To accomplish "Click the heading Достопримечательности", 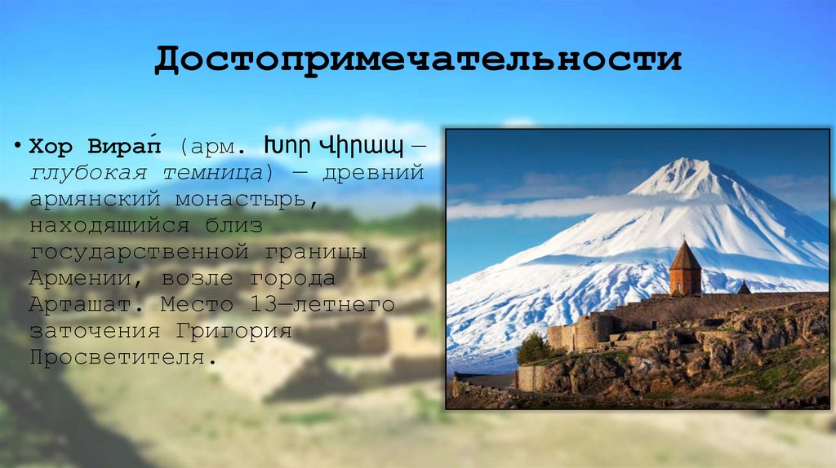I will [x=417, y=60].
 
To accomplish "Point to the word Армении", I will [x=80, y=278].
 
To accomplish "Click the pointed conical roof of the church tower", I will [x=684, y=255].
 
